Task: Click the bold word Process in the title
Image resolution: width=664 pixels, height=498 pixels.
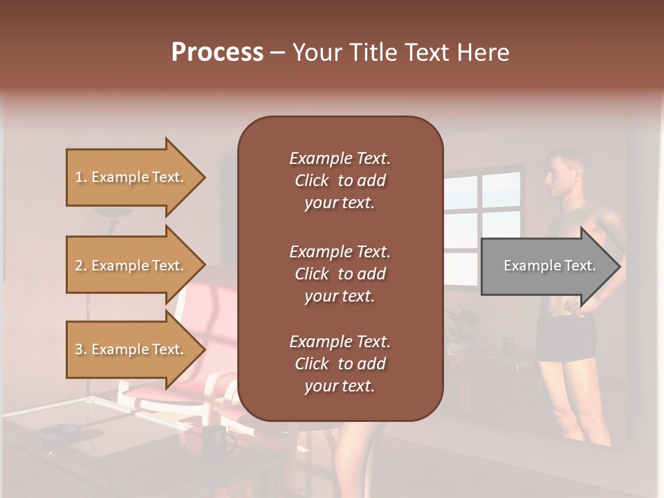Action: tap(217, 53)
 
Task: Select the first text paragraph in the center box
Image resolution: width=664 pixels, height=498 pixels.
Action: tap(340, 181)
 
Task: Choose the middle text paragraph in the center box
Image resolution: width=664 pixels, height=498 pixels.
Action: tap(340, 274)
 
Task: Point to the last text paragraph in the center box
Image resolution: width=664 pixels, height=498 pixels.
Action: tap(340, 364)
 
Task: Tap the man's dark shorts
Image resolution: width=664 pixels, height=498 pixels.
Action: tap(566, 339)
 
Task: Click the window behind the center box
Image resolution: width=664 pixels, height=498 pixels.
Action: tap(481, 207)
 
